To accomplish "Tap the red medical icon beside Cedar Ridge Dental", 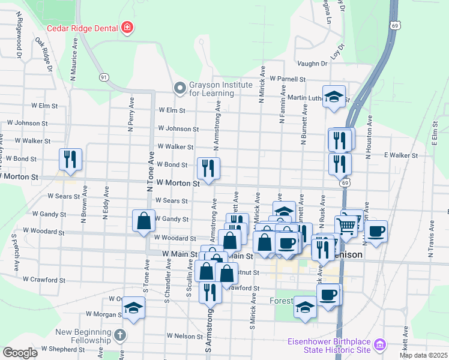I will coord(127,27).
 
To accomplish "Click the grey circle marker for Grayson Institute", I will coord(179,88).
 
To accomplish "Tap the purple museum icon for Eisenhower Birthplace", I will coord(379,345).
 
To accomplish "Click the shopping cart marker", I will coord(346,226).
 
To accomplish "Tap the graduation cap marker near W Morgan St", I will coord(133,308).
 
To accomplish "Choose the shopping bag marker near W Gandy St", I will coord(145,220).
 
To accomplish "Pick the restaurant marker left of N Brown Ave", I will coord(70,159).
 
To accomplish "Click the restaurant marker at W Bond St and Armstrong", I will coord(208,168).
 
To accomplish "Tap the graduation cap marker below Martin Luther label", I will coord(334,96).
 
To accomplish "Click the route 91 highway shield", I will coord(104,77).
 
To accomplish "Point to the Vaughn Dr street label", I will coord(312,64).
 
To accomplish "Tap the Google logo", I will coord(20,353).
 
